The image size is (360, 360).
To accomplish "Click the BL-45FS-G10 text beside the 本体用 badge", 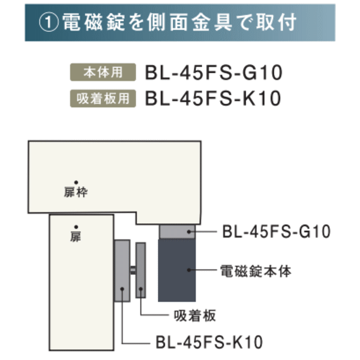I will (214, 73).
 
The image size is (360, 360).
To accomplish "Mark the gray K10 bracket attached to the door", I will (122, 270).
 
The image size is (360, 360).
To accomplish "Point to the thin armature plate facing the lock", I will (141, 270).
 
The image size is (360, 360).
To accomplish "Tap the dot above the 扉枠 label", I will (76, 181).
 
